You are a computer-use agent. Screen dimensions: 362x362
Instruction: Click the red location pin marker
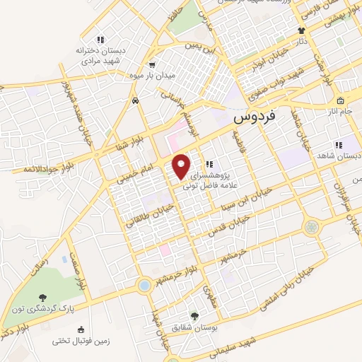pos(182,165)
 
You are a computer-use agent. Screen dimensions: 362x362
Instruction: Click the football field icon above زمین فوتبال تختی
pos(80,329)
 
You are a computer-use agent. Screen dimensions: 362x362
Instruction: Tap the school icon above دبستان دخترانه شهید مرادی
pos(101,39)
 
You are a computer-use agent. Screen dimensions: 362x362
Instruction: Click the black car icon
pos(134,100)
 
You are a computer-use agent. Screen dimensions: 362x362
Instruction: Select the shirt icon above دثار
pos(301,30)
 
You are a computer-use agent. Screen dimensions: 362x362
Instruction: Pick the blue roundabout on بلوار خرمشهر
pos(144,285)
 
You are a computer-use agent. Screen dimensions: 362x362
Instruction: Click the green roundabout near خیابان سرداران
pos(311,226)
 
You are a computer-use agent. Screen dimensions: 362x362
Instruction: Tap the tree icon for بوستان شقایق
pos(195,316)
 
